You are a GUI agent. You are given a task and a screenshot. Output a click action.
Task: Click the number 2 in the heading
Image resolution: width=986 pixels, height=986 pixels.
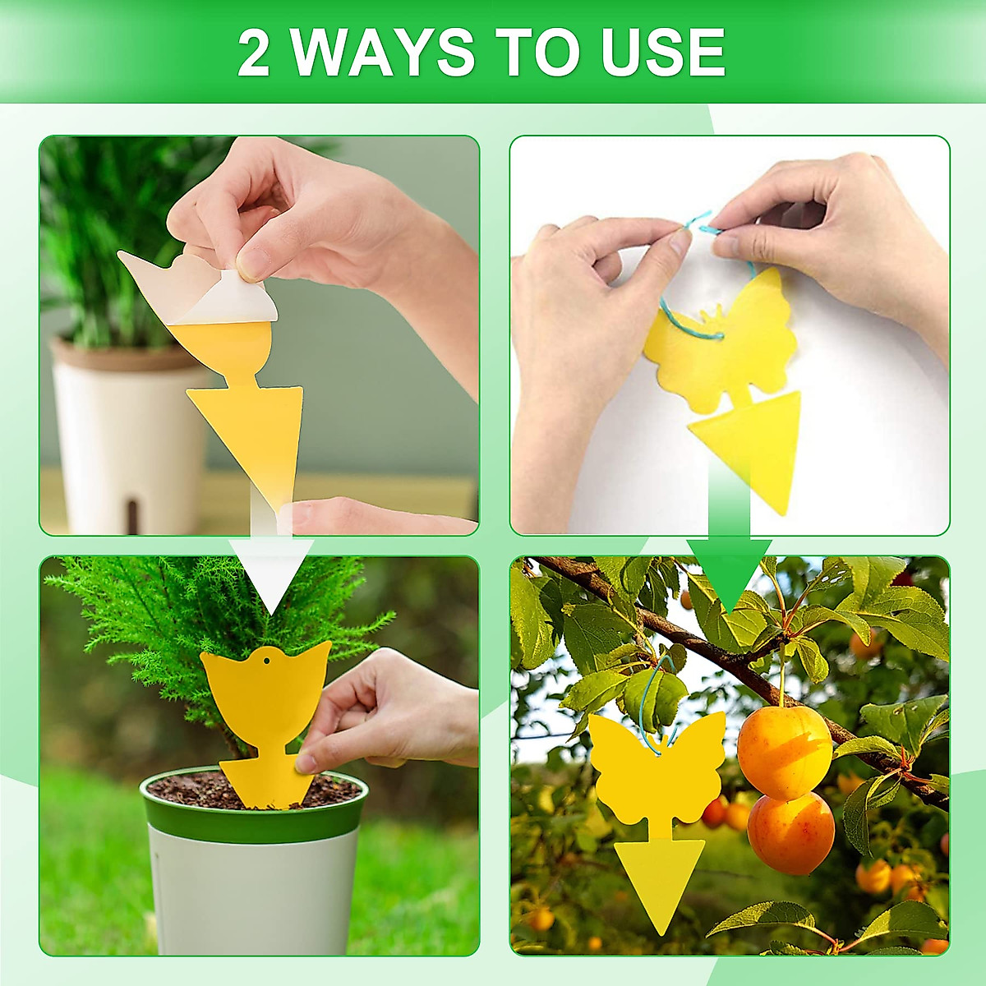coord(253,52)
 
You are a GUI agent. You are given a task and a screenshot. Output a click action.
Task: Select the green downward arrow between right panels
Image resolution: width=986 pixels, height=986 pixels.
coord(729,567)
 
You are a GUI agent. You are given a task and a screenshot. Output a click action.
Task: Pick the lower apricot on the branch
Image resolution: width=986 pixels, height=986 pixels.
coord(790,832)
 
